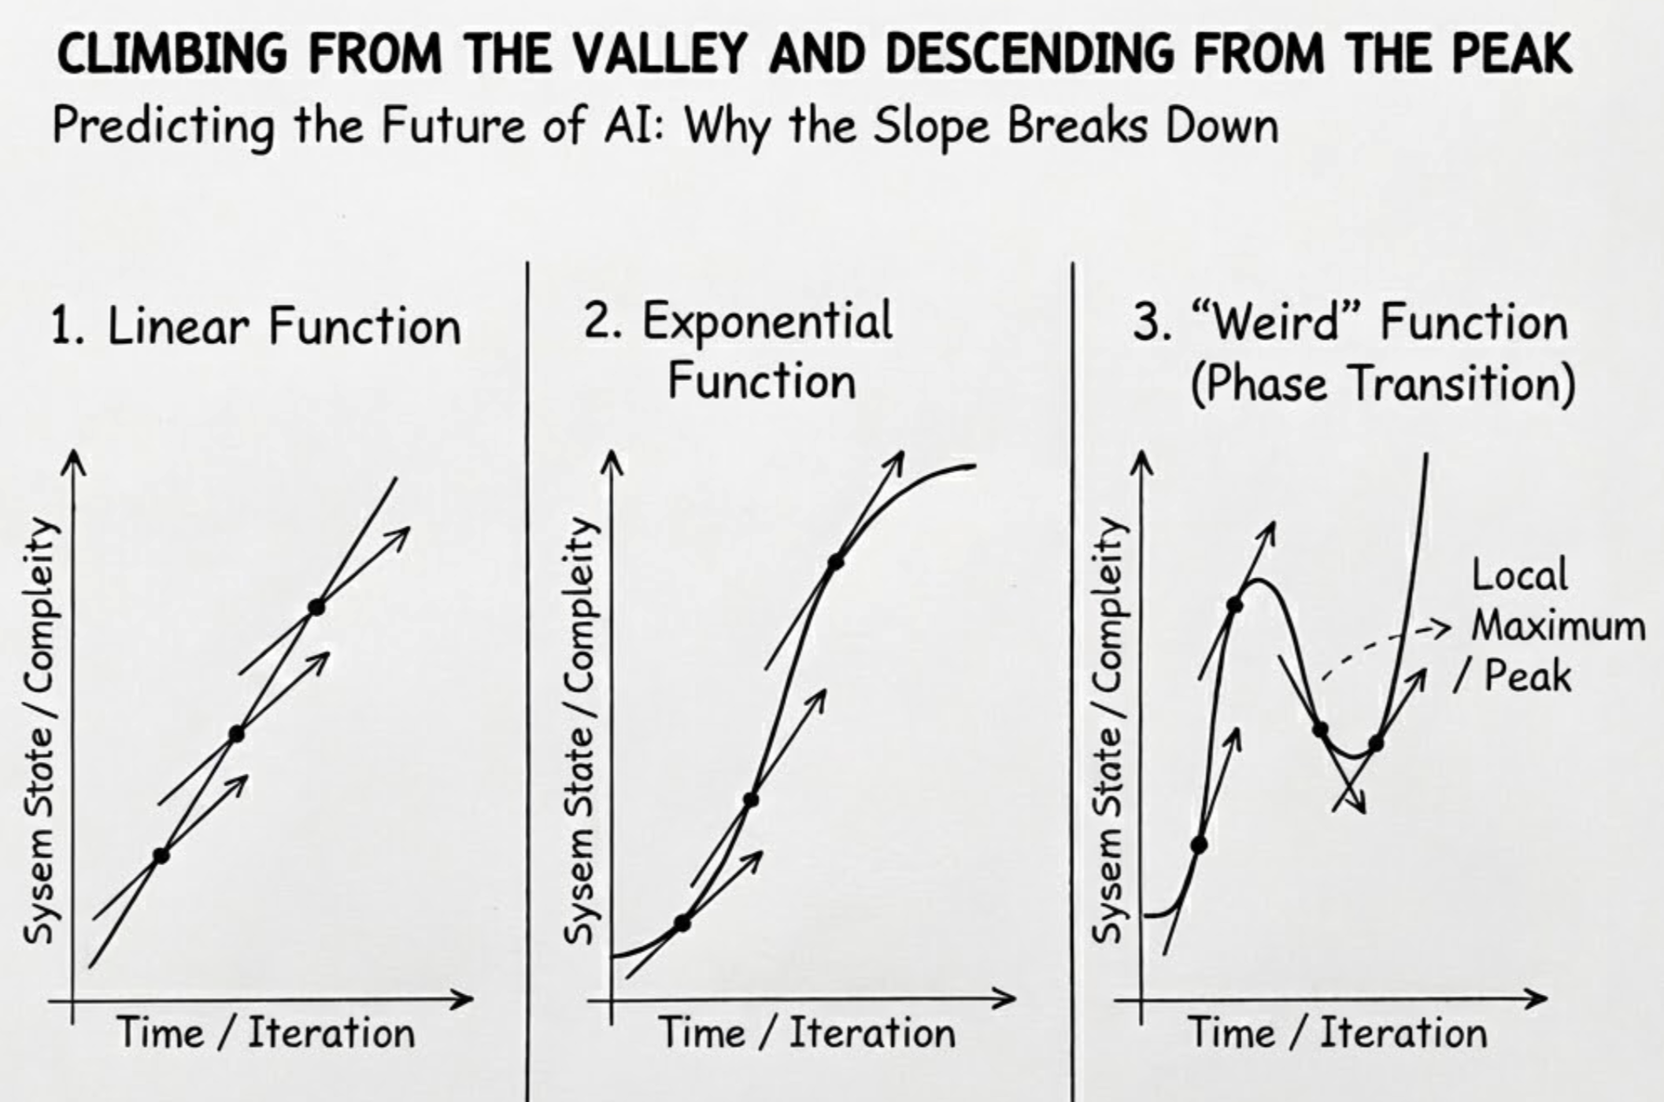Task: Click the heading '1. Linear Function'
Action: (x=256, y=326)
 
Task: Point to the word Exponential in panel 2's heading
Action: (x=767, y=321)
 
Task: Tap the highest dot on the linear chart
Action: (x=316, y=607)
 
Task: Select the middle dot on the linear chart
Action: (x=236, y=734)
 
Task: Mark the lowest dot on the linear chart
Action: (x=161, y=856)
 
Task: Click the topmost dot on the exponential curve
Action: (x=835, y=562)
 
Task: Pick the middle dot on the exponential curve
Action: (x=751, y=800)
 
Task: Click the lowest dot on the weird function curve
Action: (x=1199, y=845)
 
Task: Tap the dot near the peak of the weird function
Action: (x=1235, y=605)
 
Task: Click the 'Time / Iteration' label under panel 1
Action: (x=266, y=1033)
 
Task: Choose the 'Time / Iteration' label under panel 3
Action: (x=1337, y=1033)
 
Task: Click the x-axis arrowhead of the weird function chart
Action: (x=1539, y=999)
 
